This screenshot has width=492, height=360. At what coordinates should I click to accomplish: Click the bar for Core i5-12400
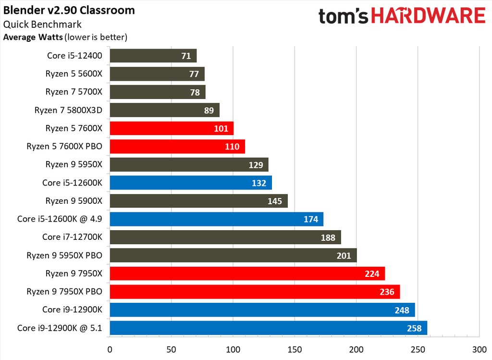click(153, 56)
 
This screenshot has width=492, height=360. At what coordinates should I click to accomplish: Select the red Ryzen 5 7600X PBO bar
click(177, 146)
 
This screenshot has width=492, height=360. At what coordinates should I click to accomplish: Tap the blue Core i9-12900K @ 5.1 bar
click(268, 328)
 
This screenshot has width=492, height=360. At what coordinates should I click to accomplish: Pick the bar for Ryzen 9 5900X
click(198, 201)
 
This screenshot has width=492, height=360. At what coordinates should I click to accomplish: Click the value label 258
click(414, 329)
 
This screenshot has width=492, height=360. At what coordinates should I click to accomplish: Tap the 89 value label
click(209, 111)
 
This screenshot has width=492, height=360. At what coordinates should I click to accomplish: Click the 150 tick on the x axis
click(295, 350)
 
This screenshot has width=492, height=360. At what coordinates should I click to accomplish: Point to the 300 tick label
click(479, 350)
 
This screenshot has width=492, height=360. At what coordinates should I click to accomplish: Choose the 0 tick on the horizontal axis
click(110, 350)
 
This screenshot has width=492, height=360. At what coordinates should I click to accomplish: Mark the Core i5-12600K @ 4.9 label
click(63, 219)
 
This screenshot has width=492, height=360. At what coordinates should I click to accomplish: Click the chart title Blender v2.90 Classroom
click(69, 10)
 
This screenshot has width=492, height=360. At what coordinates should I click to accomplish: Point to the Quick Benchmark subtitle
click(42, 24)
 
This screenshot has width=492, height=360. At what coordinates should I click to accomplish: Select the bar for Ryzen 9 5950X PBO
click(233, 255)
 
